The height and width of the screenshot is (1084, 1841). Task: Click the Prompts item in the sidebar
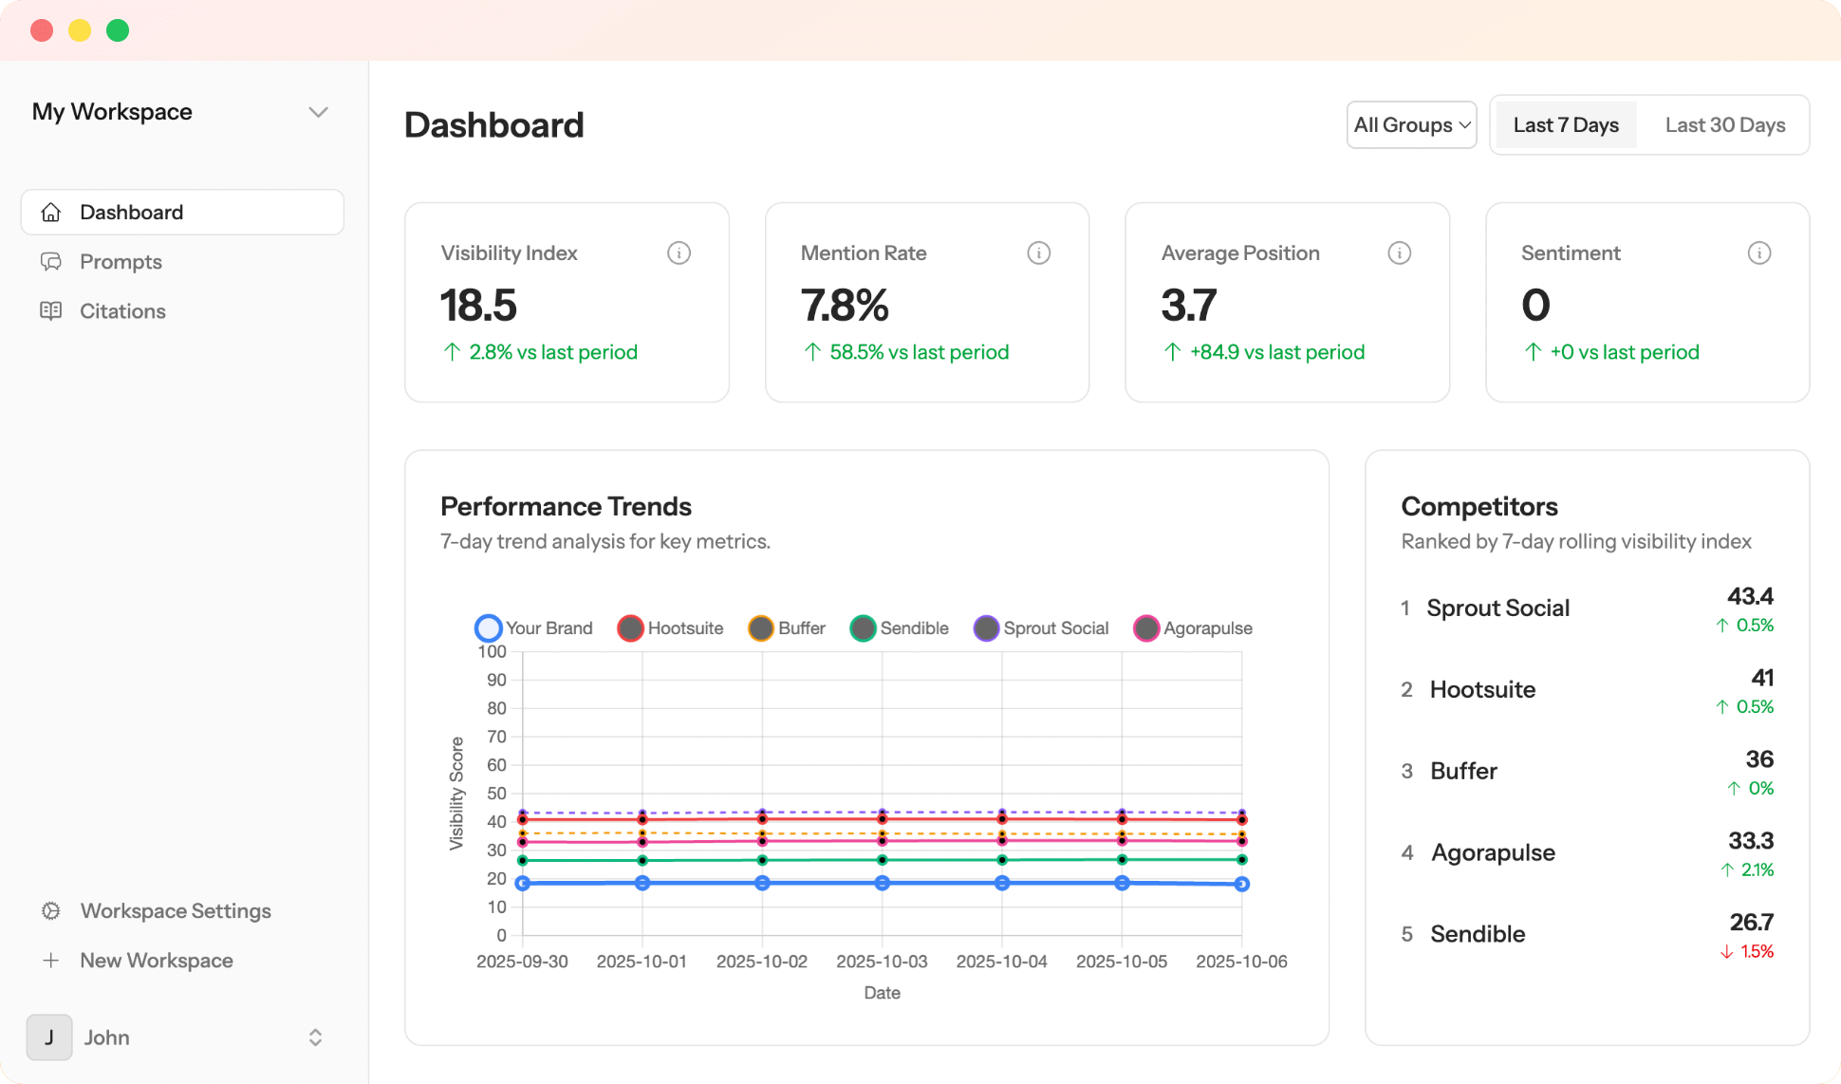coord(121,262)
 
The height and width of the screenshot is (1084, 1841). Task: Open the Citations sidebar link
coord(122,311)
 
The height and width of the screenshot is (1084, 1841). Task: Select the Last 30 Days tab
coord(1724,125)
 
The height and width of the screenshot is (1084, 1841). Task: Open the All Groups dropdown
coord(1411,125)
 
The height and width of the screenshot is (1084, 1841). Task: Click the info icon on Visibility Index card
coord(679,253)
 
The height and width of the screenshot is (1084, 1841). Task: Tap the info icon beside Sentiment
coord(1758,253)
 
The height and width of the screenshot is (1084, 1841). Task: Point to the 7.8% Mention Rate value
coord(845,306)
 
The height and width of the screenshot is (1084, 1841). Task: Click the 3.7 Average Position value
coord(1188,306)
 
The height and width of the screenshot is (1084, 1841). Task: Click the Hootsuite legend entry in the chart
coord(671,628)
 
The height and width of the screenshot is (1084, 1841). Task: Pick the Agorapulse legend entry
coord(1193,628)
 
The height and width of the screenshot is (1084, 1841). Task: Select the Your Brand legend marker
coord(488,628)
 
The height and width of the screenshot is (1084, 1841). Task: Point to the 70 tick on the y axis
coord(496,737)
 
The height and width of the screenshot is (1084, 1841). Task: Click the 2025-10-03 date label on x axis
coord(882,962)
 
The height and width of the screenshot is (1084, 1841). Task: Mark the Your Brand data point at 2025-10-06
coord(1241,884)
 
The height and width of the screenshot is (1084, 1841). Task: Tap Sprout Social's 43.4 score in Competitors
coord(1749,597)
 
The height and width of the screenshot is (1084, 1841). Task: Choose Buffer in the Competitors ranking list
coord(1463,771)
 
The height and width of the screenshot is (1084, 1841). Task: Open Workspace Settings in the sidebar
coord(176,911)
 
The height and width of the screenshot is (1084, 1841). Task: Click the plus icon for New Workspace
coord(51,961)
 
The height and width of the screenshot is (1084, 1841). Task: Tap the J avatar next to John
coord(49,1037)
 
